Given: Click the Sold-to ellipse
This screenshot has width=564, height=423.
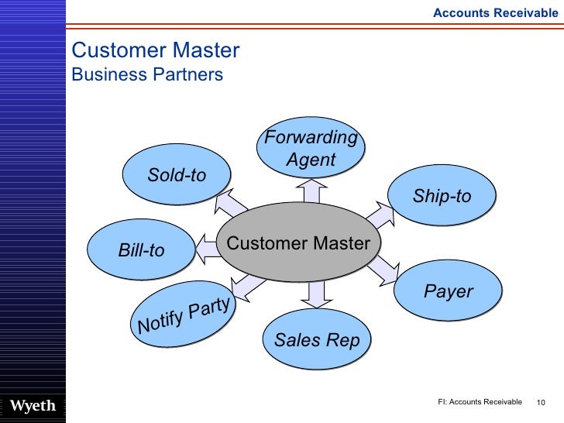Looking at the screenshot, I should [177, 176].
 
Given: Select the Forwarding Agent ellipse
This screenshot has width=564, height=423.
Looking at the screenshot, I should [311, 149].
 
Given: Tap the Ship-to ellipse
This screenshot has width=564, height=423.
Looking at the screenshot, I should [442, 197].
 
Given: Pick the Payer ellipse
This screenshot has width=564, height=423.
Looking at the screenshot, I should [448, 291].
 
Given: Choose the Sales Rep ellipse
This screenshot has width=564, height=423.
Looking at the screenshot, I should [317, 340].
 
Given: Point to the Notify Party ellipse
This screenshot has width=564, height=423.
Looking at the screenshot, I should [183, 312].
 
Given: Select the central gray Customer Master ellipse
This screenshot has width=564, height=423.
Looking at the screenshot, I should [298, 243].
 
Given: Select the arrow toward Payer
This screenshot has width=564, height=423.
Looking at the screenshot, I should [381, 270].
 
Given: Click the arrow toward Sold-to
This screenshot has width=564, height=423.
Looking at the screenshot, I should [229, 204].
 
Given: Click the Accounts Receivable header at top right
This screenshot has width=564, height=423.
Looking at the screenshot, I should [494, 12].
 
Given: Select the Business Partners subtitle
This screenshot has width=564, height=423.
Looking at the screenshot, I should [147, 75].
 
